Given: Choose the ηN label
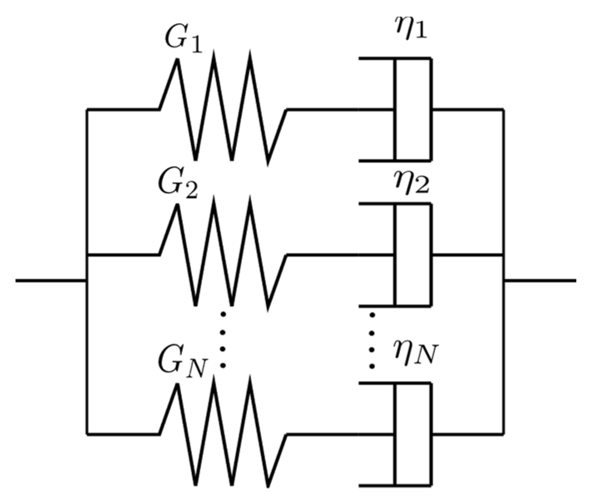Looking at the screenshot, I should [415, 354].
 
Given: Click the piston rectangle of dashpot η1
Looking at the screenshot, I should [413, 109].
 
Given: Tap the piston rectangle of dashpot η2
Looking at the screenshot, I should [413, 255].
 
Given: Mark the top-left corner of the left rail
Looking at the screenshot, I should [87, 110].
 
